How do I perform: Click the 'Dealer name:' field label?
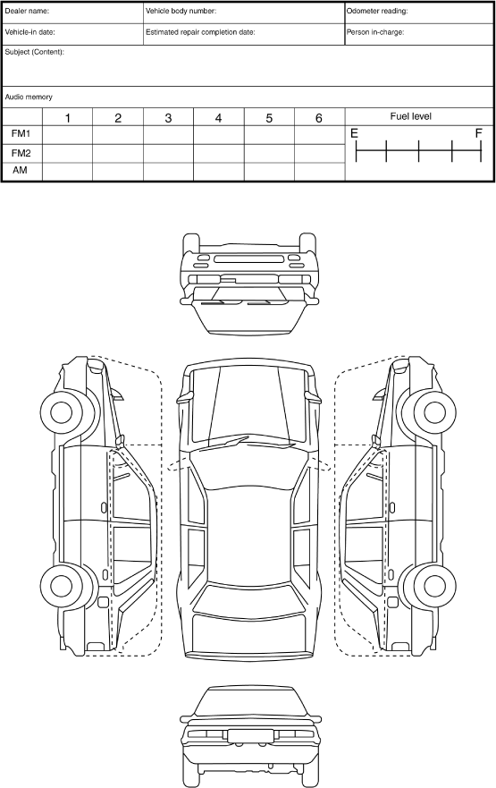point(27,11)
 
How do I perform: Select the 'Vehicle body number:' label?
point(181,11)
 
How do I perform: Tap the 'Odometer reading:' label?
point(377,11)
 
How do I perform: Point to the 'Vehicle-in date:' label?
point(30,32)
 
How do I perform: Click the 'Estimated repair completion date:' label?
point(200,32)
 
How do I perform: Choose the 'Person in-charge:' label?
point(375,32)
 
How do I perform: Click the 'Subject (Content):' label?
point(35,52)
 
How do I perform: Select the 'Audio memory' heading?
point(29,97)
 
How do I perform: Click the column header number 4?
point(218,118)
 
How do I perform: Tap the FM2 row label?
point(21,153)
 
